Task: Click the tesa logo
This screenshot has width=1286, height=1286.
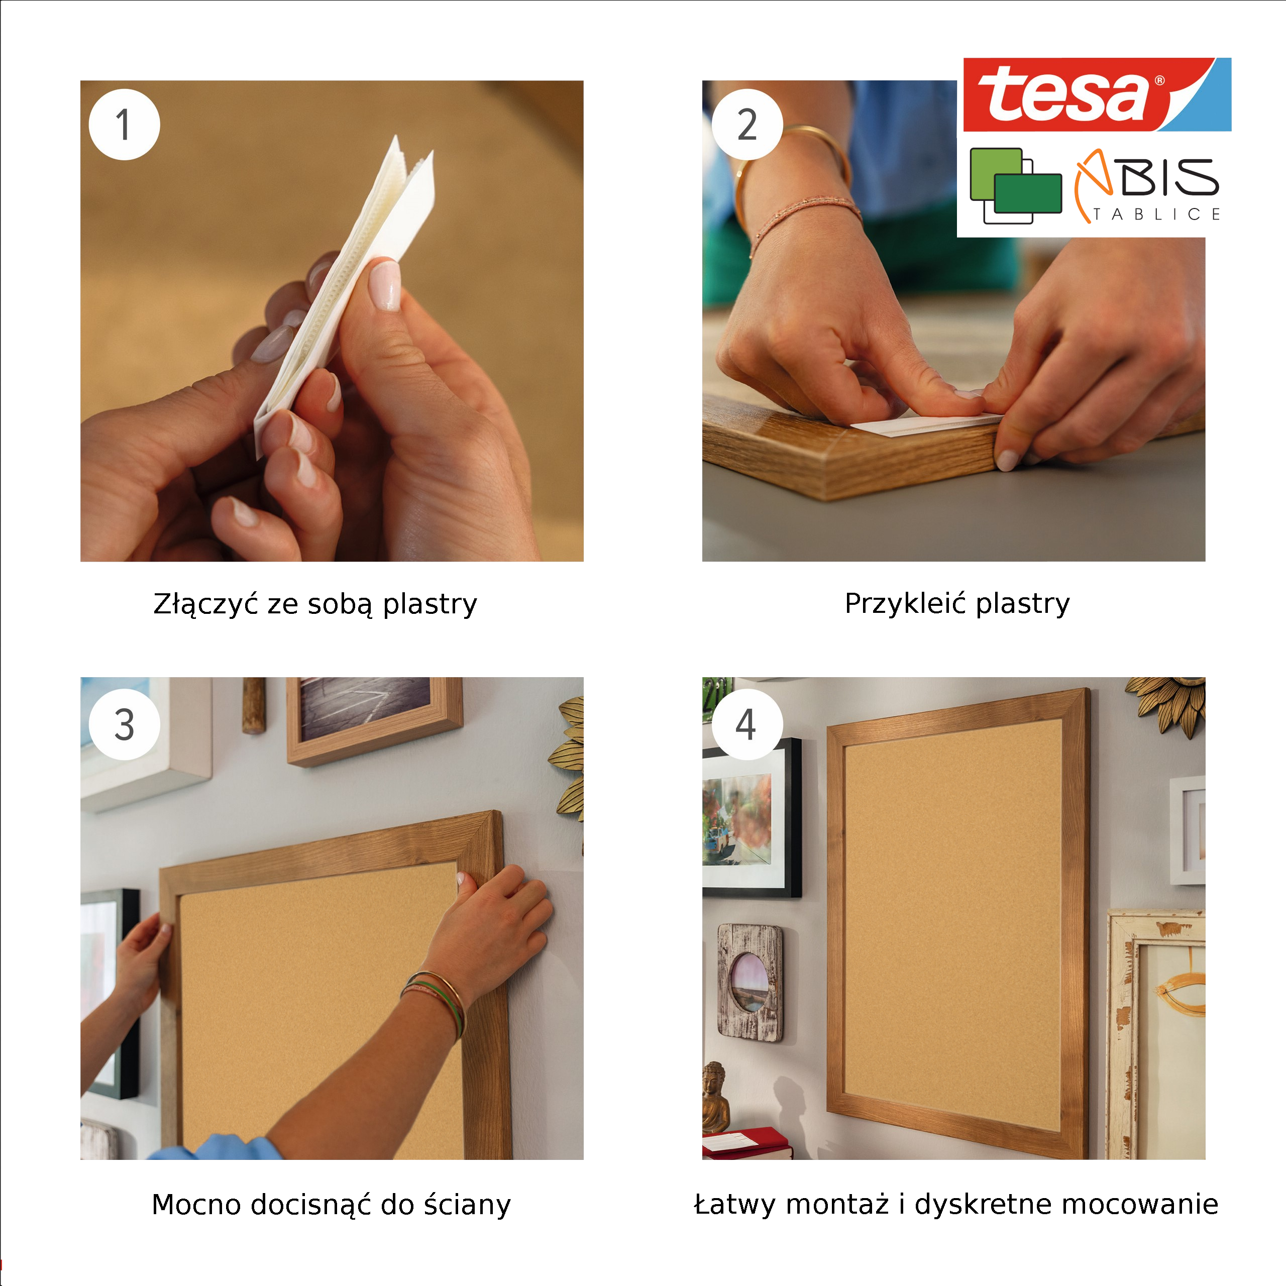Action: click(x=1097, y=94)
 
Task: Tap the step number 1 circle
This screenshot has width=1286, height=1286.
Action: click(x=125, y=125)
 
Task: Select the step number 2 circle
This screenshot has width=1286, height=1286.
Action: click(x=747, y=125)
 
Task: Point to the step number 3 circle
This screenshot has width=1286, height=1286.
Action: click(x=125, y=724)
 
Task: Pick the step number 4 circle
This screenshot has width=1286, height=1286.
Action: click(x=747, y=724)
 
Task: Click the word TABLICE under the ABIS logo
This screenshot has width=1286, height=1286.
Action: click(x=1157, y=215)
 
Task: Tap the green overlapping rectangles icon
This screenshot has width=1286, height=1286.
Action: click(x=1016, y=185)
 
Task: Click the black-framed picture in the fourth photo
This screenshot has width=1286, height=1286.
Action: click(x=752, y=818)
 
